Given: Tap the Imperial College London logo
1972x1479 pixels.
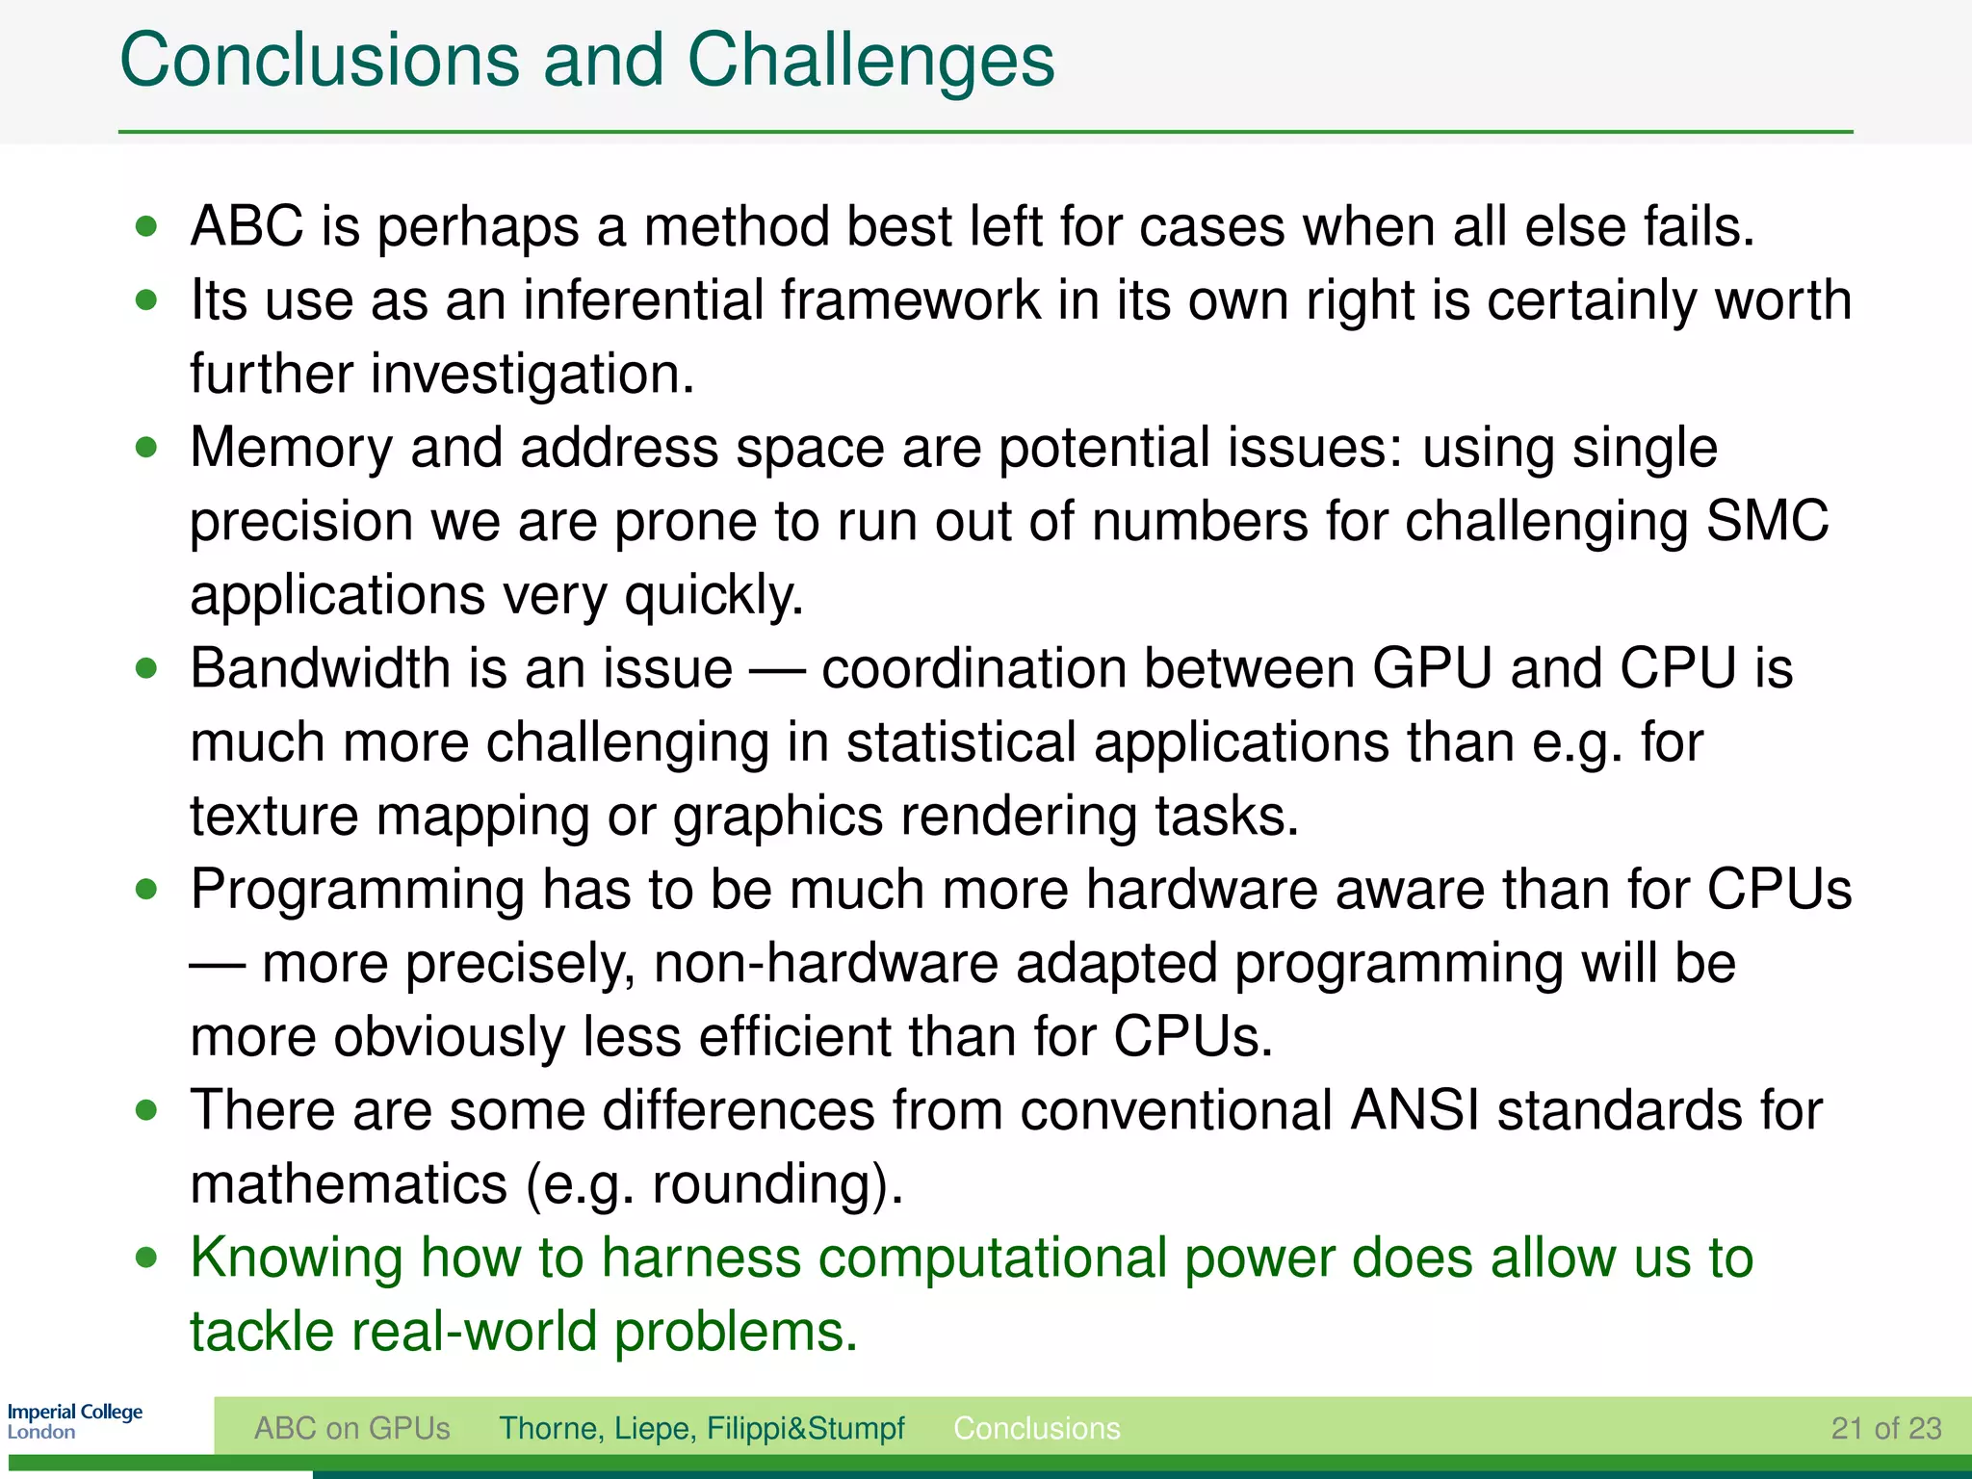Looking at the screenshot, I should point(74,1420).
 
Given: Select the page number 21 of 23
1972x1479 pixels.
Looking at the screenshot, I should point(1885,1428).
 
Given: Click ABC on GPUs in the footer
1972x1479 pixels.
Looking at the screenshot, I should point(351,1428).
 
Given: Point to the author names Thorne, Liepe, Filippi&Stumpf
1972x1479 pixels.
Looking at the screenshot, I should point(701,1428).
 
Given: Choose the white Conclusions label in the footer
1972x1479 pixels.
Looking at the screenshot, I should point(1036,1428).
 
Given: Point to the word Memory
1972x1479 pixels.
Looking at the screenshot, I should point(292,449).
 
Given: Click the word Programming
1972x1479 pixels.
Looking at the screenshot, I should point(357,891).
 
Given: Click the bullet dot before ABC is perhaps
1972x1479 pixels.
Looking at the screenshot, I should point(146,227).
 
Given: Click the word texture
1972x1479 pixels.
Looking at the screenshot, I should point(273,817).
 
